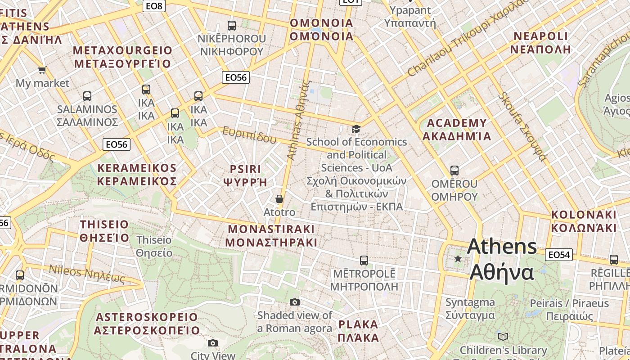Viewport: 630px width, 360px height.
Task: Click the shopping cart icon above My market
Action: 42,70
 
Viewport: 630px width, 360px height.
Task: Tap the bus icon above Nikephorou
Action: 232,25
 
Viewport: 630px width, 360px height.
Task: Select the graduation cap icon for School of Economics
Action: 356,129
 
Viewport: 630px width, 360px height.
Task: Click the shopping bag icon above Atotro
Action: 279,198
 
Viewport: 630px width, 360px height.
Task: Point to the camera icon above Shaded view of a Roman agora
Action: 295,302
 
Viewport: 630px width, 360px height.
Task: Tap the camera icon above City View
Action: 213,343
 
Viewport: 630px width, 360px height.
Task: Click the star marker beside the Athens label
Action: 458,258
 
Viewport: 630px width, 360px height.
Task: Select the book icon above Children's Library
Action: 503,337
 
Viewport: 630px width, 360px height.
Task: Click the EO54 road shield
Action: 559,255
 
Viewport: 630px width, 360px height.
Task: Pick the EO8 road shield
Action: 154,5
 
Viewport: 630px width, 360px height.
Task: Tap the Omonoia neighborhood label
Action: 321,30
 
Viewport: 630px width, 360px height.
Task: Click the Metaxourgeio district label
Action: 122,57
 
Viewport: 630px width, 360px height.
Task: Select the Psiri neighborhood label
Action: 245,175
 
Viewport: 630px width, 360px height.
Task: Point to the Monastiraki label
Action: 271,236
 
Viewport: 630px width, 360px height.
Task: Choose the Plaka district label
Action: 359,331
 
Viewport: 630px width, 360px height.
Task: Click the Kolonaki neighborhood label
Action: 584,220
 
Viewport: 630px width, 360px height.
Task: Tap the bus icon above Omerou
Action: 454,171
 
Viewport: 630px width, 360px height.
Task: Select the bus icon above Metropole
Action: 364,260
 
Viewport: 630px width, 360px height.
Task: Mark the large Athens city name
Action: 502,259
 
